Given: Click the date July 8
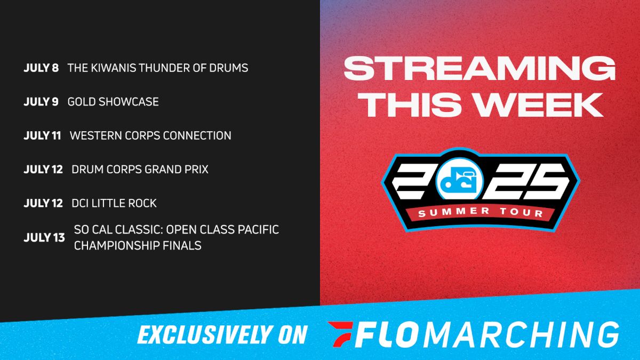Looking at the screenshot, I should tap(41, 68).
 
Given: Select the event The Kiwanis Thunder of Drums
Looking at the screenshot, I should tap(158, 68).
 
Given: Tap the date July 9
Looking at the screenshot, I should tap(41, 102).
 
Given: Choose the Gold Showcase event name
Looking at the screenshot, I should tap(113, 102).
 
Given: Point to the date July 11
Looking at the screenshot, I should tap(42, 135).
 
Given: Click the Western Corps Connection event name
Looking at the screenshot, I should tap(150, 135).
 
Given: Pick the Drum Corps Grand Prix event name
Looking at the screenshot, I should tap(140, 170).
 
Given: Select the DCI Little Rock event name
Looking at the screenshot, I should tap(114, 203).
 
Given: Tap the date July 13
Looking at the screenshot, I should tap(44, 237).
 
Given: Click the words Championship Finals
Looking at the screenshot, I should tap(138, 245).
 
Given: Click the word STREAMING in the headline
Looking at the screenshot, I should tap(479, 68).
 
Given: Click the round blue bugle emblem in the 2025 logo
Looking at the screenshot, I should tap(456, 179).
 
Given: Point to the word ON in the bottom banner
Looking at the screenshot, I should tap(291, 334).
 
